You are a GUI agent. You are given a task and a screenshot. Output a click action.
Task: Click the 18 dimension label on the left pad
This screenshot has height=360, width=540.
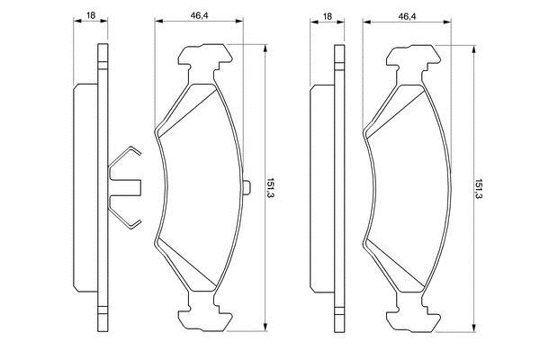tap(91, 15)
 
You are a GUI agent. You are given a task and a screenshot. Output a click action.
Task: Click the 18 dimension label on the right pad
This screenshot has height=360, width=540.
tap(328, 16)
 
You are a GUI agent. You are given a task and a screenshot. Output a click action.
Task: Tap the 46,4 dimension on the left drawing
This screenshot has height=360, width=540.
tap(200, 15)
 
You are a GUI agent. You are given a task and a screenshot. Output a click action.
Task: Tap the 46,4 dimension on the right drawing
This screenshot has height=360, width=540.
tap(407, 16)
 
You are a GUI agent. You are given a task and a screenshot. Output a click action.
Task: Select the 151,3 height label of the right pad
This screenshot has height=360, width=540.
tap(478, 190)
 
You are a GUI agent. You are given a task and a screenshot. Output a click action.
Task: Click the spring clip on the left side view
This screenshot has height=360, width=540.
tap(125, 187)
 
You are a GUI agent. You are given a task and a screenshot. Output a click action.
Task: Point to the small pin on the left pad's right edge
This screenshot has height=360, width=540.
tap(247, 188)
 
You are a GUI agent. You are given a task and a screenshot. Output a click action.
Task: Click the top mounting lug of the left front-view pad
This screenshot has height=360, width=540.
tap(204, 61)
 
